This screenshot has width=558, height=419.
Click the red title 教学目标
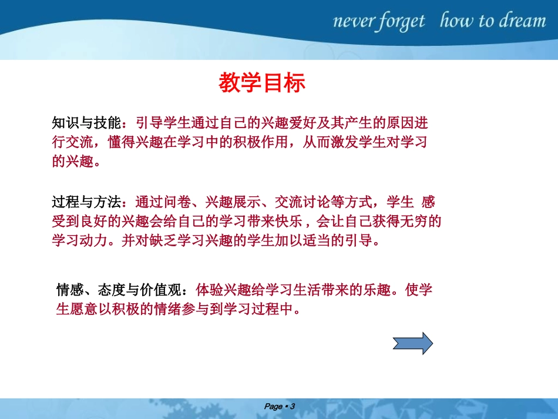coord(262,83)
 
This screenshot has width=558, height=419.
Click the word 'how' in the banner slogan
coord(458,21)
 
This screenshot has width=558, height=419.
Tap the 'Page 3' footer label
coord(279,407)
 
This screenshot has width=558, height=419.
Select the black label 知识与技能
coord(87,123)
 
